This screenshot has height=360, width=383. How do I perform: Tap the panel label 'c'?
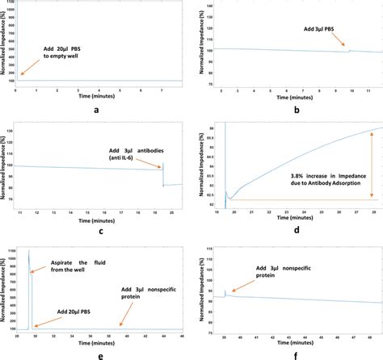click(x=97, y=232)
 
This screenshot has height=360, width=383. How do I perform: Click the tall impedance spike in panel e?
click(x=29, y=266)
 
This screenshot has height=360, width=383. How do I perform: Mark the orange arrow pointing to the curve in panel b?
click(x=340, y=45)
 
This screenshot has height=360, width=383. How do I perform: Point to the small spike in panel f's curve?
click(x=226, y=291)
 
